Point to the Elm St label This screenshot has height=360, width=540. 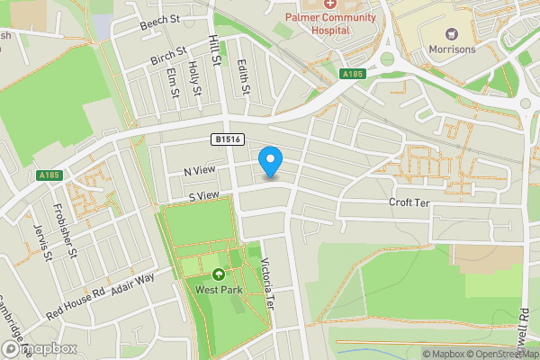pyautogui.click(x=174, y=84)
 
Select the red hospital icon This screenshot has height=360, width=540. pyautogui.click(x=330, y=4)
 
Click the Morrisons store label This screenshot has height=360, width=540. pyautogui.click(x=452, y=49)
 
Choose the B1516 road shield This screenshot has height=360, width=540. pyautogui.click(x=228, y=139)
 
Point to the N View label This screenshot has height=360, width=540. pyautogui.click(x=200, y=171)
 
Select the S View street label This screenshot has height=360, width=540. pyautogui.click(x=204, y=196)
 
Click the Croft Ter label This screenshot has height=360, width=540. pyautogui.click(x=410, y=203)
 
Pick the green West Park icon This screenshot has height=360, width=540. pyautogui.click(x=218, y=275)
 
